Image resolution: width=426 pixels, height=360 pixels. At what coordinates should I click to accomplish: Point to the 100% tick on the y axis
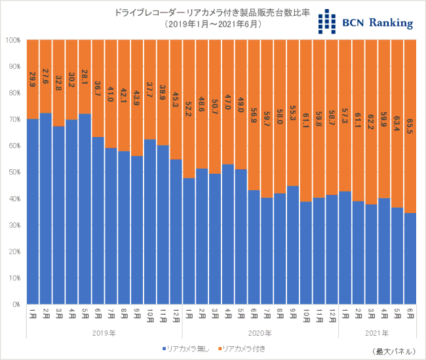pos(13,40)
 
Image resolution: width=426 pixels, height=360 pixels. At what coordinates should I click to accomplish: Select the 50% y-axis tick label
pos(14,172)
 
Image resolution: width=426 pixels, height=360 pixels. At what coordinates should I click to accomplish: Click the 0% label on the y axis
pos(16,304)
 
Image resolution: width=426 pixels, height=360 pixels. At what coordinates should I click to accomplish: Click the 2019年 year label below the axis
pos(104,333)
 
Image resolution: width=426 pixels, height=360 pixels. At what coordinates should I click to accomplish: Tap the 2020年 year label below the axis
pos(260,333)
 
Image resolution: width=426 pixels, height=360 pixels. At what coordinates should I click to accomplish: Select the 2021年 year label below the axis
pos(377,333)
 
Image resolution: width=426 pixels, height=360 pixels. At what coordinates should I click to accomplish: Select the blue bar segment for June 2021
pos(410,258)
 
